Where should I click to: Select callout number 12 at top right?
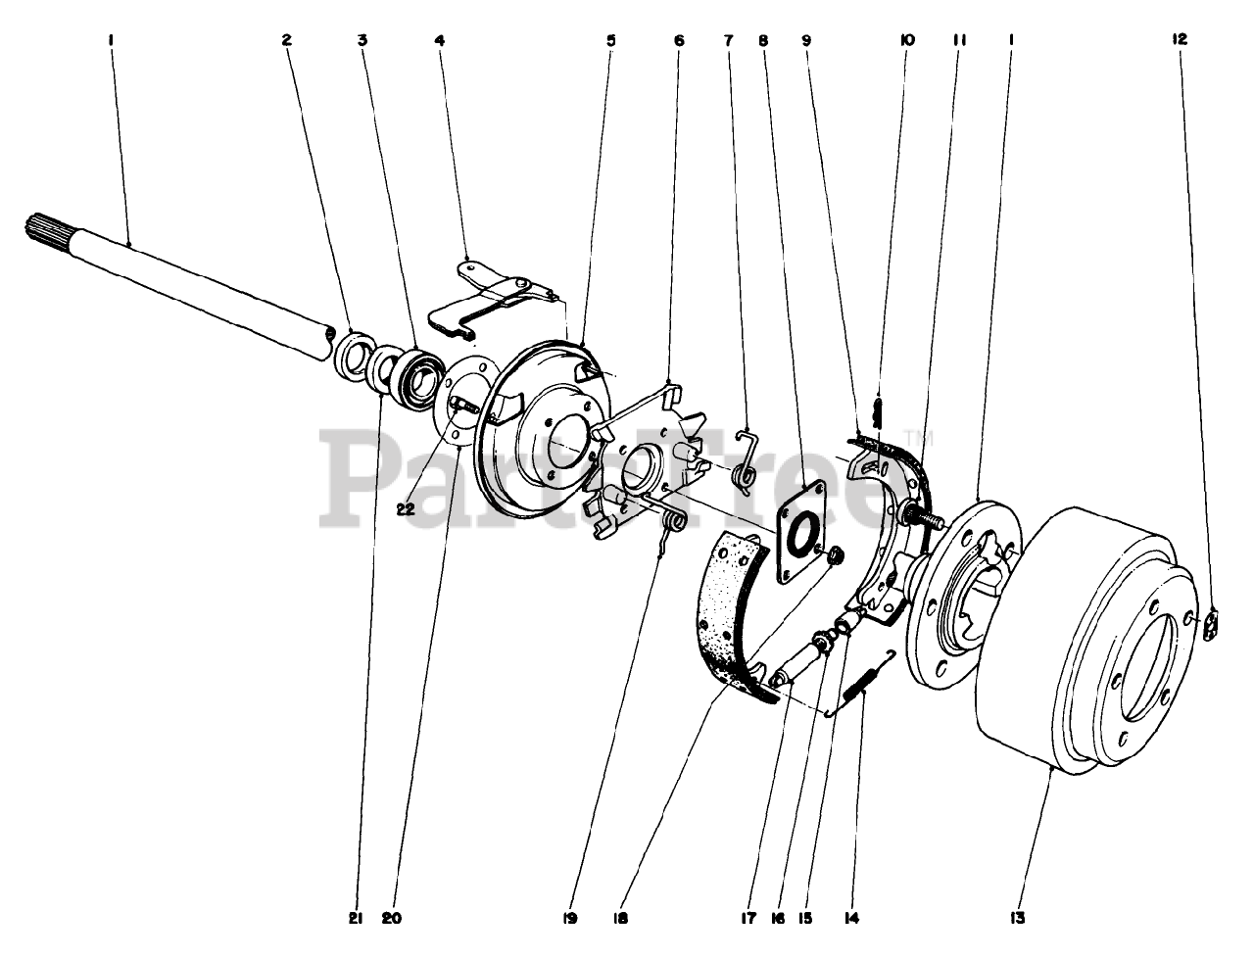[x=1179, y=40]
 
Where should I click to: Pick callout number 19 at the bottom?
[x=569, y=918]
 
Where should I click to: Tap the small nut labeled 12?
[x=1210, y=625]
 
